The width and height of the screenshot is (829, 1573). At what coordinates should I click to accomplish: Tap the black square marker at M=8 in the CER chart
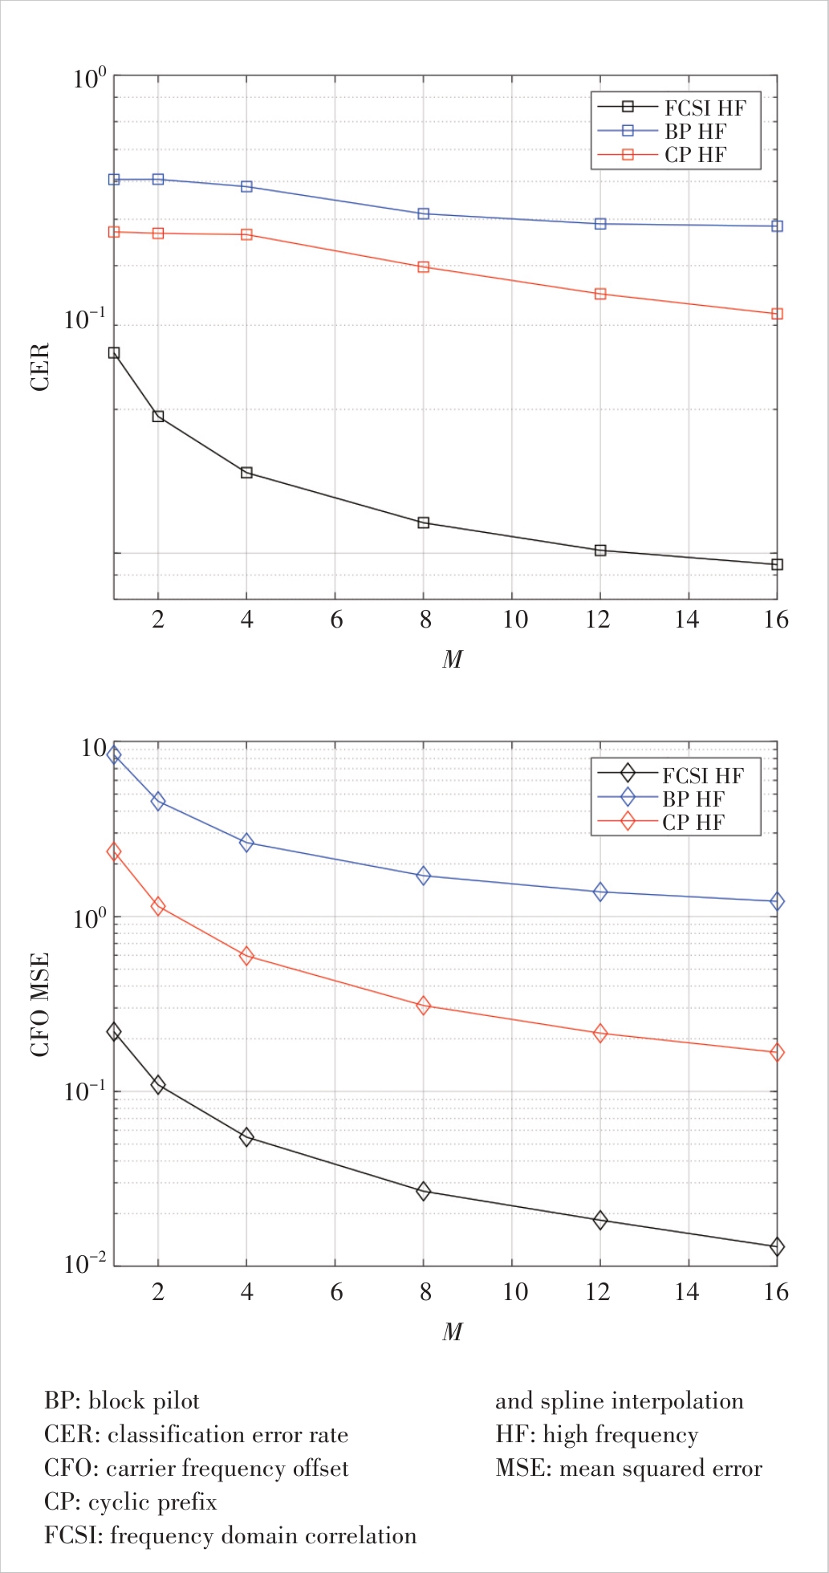pos(424,523)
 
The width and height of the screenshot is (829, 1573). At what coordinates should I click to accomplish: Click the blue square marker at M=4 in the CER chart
pos(246,187)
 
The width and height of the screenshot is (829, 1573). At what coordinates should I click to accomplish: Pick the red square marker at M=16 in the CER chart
pos(777,314)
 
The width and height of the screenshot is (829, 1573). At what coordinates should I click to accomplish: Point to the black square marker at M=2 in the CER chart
pos(158,417)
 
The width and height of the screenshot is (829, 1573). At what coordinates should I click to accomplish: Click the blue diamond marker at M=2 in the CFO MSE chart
pos(158,801)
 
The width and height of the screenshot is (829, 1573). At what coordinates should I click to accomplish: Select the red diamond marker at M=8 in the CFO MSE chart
pos(424,1006)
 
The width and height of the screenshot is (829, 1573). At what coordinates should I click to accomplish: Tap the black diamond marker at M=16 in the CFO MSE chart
pos(777,1246)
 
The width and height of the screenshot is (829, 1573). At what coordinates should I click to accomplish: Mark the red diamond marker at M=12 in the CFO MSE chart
pos(600,1034)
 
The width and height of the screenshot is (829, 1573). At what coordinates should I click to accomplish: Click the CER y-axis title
pos(40,367)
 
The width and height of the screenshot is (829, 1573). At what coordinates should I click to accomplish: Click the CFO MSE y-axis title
pos(40,1005)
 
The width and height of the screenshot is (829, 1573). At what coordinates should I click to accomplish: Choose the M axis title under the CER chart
pos(453,660)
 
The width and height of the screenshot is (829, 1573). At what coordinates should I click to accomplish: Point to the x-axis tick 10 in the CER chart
pos(514,620)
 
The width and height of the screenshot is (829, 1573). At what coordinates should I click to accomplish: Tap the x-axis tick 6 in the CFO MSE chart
pos(336,1291)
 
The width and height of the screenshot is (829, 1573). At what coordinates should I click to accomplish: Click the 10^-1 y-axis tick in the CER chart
pos(85,320)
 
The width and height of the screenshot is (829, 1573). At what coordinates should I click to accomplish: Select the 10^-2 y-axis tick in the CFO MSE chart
pos(85,1264)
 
